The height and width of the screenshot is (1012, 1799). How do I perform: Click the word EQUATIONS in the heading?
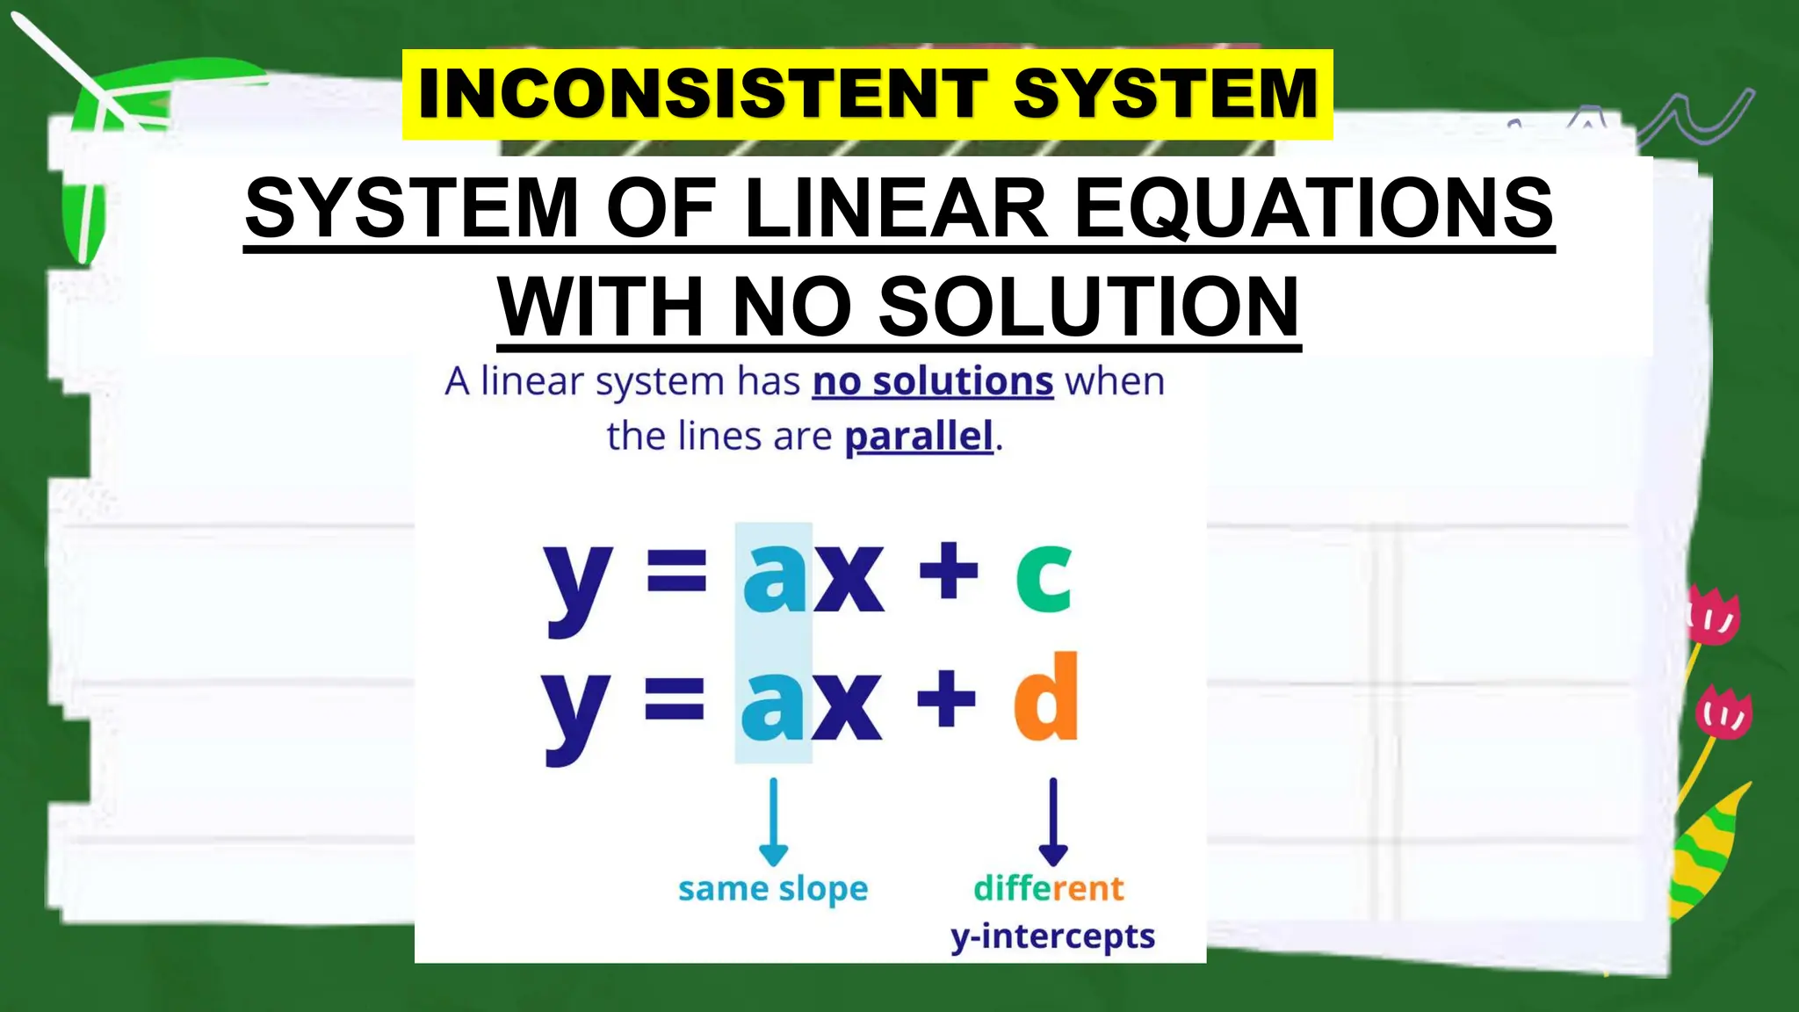point(1314,208)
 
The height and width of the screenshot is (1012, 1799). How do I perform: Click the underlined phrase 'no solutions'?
point(932,382)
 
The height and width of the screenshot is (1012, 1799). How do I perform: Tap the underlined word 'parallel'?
point(919,437)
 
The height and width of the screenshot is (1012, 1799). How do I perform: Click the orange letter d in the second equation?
point(1045,698)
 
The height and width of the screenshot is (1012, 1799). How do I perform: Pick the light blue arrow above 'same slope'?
point(773,821)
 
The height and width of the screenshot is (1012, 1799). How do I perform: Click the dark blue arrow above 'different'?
point(1053,821)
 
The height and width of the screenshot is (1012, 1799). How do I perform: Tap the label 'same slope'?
point(773,889)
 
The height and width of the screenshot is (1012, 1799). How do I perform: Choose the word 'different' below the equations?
point(1048,888)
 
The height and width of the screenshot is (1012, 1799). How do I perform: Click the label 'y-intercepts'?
point(1052,936)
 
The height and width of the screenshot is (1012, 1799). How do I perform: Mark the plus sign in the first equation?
point(948,572)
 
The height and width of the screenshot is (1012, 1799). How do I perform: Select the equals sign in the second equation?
point(675,700)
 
